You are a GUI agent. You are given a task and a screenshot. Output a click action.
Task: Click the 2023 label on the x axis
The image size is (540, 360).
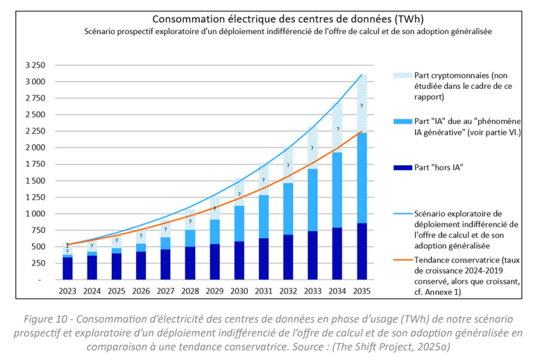tap(67, 293)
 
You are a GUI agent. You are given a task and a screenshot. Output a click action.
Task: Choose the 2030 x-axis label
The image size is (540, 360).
tap(238, 293)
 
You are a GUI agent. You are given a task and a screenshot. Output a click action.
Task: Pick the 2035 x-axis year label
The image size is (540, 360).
tap(360, 293)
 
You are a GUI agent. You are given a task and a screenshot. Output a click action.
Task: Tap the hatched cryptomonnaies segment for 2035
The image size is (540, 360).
tap(360, 104)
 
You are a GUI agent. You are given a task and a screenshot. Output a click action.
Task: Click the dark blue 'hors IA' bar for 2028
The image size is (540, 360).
tap(189, 263)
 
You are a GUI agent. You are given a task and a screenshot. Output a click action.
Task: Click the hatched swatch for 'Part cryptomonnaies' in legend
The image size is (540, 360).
tap(403, 75)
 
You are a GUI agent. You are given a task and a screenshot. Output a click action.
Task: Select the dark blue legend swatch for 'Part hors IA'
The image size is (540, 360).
tap(403, 167)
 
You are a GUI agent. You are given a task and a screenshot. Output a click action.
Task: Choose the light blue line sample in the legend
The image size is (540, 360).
tap(403, 214)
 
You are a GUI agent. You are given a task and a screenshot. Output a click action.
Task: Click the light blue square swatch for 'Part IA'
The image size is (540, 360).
tap(403, 121)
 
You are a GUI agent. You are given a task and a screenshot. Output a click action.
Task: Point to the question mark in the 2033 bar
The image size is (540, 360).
tap(312, 148)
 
